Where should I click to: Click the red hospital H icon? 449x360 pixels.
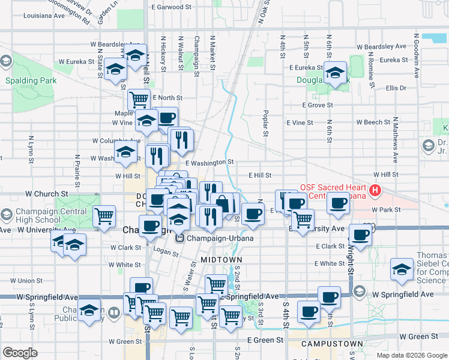[x=376, y=191]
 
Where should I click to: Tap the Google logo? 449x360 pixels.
[x=20, y=353]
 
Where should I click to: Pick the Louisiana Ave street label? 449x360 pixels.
[x=43, y=16]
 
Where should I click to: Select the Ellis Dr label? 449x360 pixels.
[x=396, y=88]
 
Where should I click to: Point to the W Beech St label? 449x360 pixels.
[x=373, y=122]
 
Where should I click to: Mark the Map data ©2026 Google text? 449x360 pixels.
[x=411, y=355]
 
